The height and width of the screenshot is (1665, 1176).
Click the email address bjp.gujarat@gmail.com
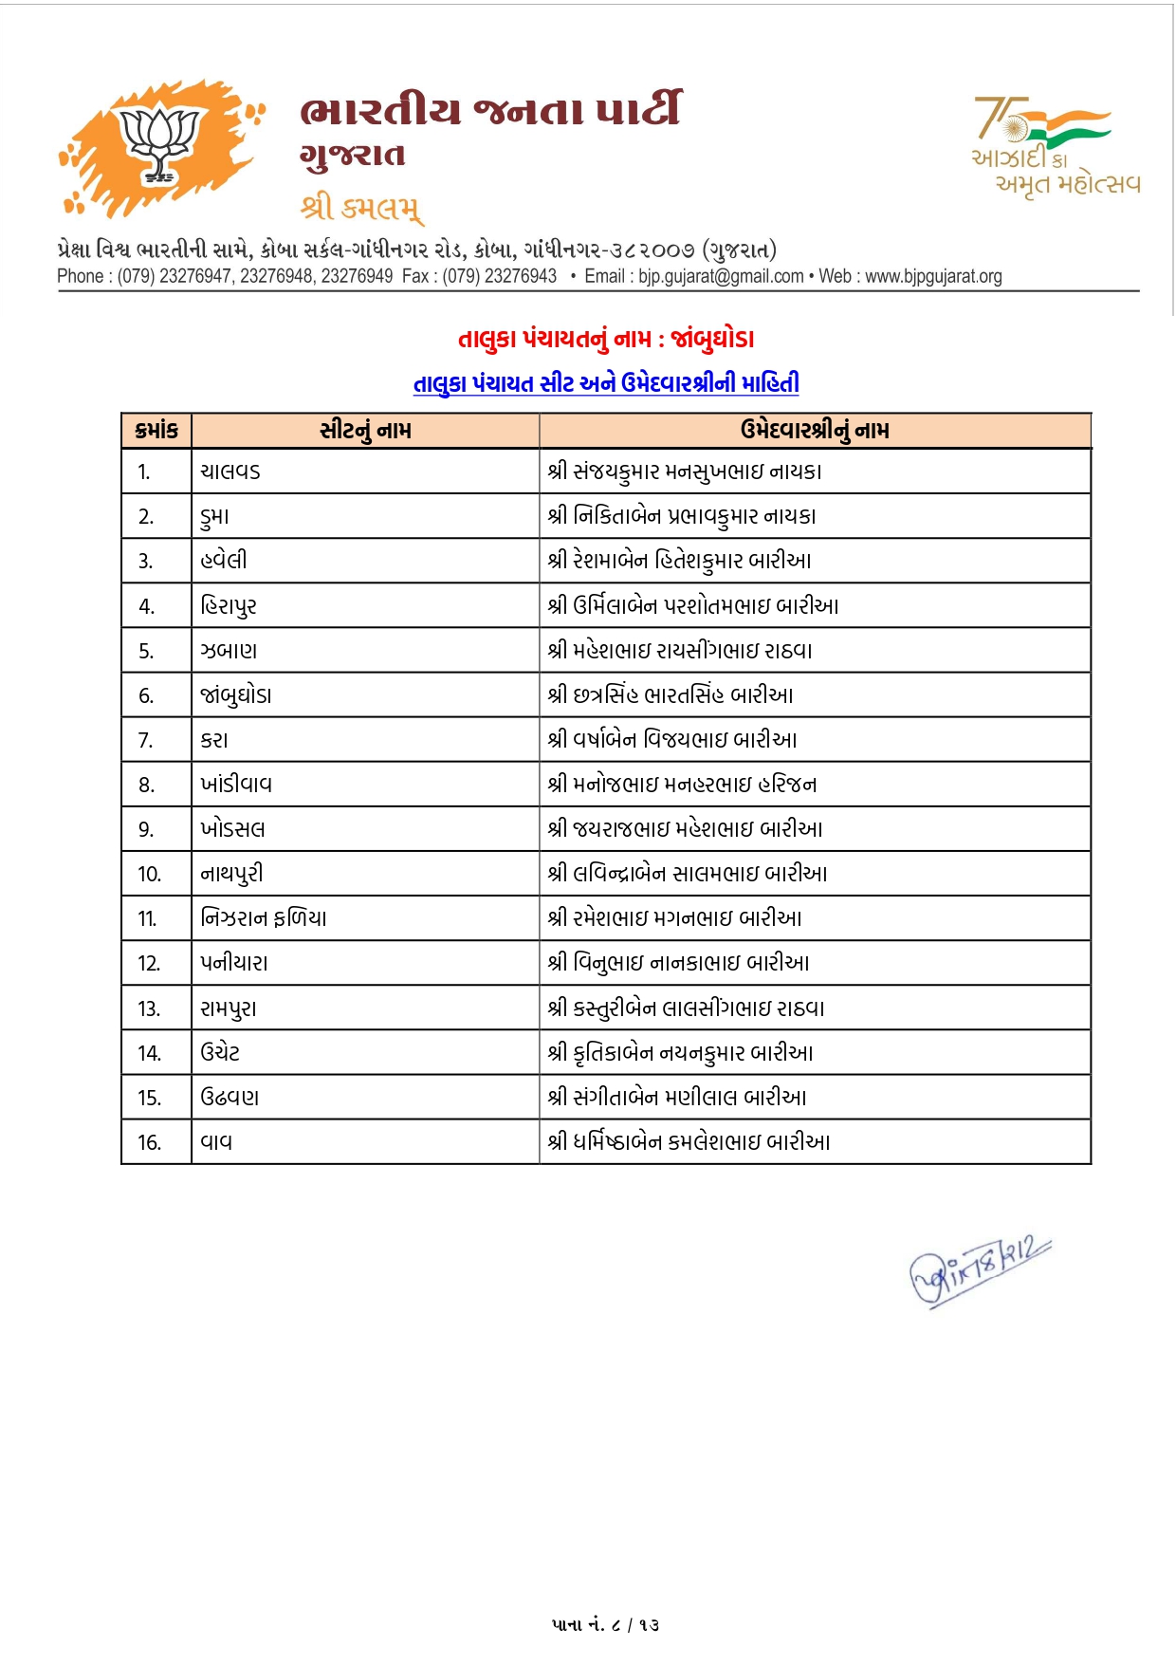[721, 276]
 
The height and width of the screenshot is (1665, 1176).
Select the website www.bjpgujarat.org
[933, 276]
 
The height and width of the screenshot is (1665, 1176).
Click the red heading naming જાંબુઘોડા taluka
[606, 339]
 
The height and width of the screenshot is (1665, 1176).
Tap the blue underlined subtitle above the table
[606, 383]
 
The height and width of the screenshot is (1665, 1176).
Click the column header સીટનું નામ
[365, 431]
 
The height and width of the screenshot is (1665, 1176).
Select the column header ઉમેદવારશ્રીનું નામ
[815, 431]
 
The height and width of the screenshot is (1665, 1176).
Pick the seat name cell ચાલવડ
[230, 472]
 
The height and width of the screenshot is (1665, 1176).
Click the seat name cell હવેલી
[224, 561]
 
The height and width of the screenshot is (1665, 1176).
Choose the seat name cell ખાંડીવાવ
[236, 785]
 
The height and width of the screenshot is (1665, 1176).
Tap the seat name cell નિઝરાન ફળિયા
[264, 918]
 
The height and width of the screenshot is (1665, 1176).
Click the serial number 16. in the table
[150, 1142]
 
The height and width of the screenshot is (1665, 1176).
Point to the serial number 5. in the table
[146, 651]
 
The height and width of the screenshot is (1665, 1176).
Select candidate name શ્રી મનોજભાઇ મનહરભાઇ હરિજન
[682, 785]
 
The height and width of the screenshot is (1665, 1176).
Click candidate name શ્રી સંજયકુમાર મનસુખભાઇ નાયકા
[685, 472]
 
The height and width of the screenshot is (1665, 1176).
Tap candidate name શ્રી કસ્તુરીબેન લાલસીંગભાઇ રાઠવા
[686, 1008]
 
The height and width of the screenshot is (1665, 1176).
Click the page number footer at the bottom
[605, 1624]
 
